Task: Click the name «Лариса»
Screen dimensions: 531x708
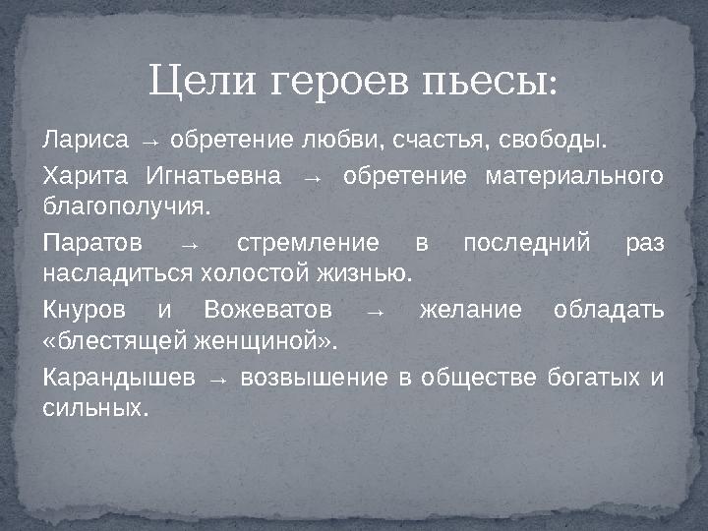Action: [x=86, y=139]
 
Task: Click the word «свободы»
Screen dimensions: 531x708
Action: [x=550, y=139]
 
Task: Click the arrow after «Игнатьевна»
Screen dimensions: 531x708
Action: [x=314, y=179]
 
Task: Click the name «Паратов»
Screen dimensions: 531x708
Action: [x=92, y=242]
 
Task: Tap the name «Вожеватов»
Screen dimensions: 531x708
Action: [x=267, y=311]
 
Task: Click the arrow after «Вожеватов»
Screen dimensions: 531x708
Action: [x=375, y=313]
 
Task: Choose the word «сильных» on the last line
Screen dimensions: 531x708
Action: [x=94, y=406]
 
